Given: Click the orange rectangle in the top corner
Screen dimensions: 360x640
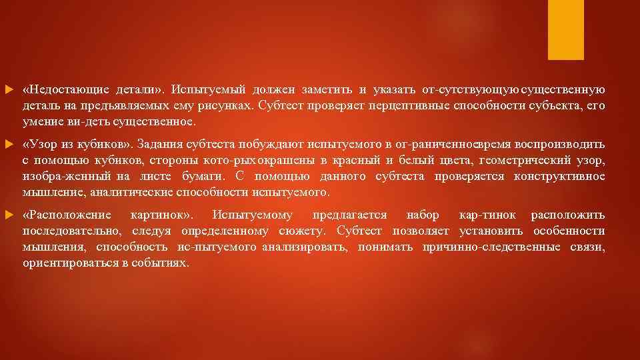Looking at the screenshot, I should click(565, 29).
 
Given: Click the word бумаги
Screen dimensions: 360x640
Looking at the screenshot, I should click(201, 177).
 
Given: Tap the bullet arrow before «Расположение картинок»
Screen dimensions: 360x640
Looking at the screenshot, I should click(8, 215).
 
